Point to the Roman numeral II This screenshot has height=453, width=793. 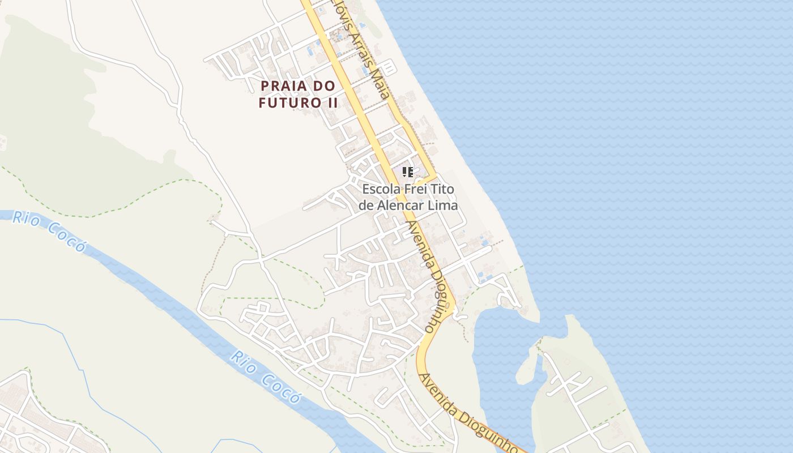331,103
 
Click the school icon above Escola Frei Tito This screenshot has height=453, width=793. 407,172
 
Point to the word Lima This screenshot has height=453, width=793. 445,206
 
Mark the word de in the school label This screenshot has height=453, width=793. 366,206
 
